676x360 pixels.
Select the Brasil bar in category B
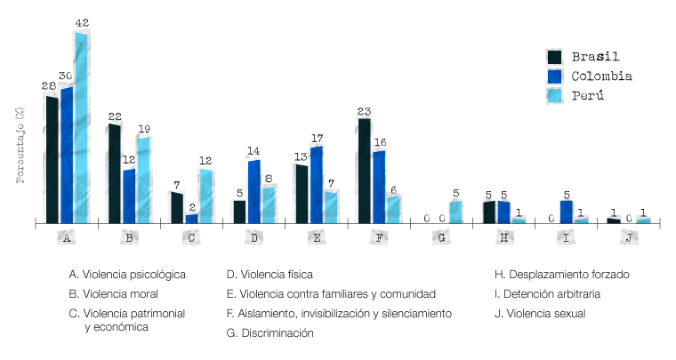(x=115, y=173)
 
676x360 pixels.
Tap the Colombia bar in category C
(x=191, y=218)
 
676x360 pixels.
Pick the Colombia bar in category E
(x=317, y=184)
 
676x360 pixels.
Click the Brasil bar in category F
(x=364, y=170)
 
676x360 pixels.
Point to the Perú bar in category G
(x=455, y=212)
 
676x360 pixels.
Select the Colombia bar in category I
(x=567, y=212)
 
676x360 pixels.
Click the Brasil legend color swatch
(x=555, y=57)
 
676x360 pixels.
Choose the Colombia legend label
(x=601, y=76)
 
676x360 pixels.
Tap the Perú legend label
(x=588, y=96)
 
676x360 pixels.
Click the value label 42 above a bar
(x=82, y=23)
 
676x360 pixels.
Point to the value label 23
(x=364, y=111)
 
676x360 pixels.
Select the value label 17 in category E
(x=317, y=139)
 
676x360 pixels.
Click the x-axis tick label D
(x=254, y=238)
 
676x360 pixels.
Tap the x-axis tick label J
(x=629, y=238)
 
